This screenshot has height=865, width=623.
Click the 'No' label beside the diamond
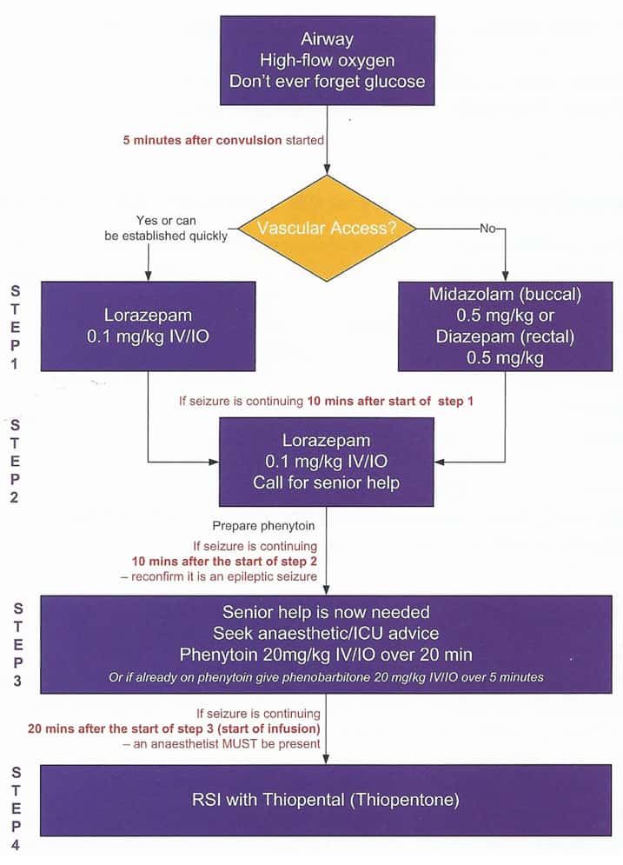487,229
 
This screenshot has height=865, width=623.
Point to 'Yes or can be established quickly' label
181,227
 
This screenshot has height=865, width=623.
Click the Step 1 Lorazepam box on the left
148,326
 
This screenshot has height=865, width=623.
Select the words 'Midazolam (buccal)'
505,294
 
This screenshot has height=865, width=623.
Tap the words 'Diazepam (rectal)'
505,336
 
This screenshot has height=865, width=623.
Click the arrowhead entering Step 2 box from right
441,462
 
